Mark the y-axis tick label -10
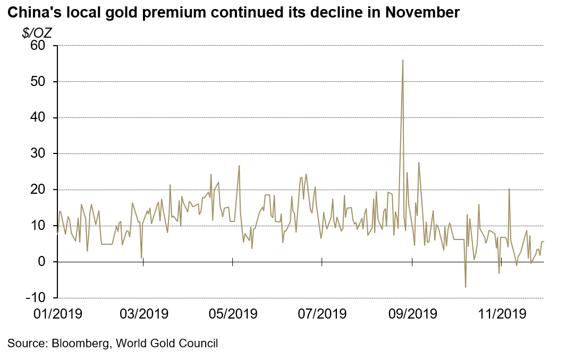click(36, 298)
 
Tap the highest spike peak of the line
click(403, 60)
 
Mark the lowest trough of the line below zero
click(465, 287)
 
